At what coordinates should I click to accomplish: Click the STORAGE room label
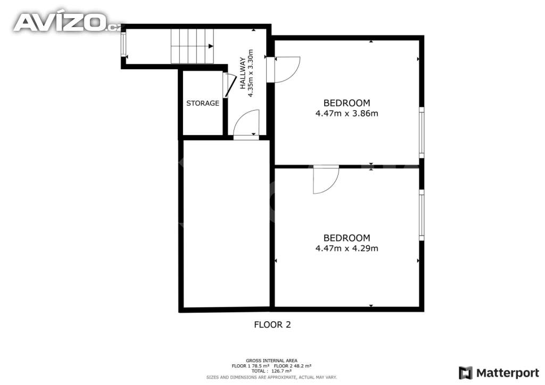pos(203,103)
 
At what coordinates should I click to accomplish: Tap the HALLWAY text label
pos(243,73)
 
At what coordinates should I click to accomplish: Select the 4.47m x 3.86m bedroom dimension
pos(346,113)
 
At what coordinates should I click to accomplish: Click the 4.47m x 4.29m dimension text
pos(346,248)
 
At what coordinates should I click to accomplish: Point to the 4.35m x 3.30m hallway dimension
pos(251,73)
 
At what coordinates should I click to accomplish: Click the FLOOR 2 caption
pos(272,324)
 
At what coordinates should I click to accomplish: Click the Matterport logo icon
pos(465,373)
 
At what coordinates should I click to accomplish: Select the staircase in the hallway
pos(192,46)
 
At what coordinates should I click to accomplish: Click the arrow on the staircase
pos(211,46)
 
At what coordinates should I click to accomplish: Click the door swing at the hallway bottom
pos(246,124)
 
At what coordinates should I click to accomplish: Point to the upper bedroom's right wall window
pos(422,132)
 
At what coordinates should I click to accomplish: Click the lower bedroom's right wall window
pos(422,215)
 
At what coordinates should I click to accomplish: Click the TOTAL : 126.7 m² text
pos(271,371)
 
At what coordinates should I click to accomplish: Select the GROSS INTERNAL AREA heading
pos(271,361)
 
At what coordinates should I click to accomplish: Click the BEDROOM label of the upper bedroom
pos(346,103)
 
